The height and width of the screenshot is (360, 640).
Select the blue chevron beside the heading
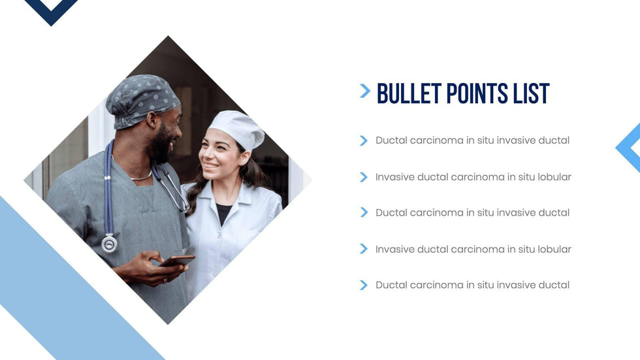(x=365, y=91)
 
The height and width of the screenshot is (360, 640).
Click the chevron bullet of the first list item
(x=364, y=140)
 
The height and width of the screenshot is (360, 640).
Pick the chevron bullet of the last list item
(x=364, y=285)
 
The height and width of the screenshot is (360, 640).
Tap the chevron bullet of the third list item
(x=364, y=212)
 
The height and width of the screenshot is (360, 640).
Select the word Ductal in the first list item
(x=391, y=140)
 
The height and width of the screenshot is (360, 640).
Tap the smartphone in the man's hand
(x=177, y=261)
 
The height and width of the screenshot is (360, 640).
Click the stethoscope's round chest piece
(x=110, y=244)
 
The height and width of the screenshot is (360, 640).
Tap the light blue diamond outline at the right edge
(x=624, y=148)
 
